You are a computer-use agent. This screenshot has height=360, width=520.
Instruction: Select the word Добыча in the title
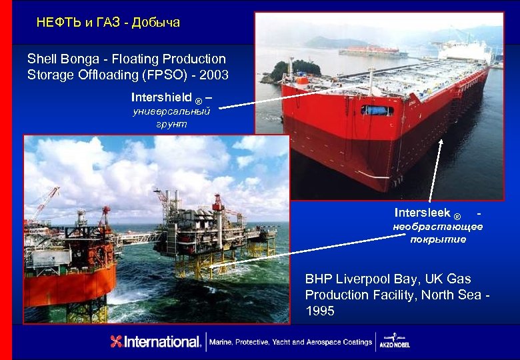pyautogui.click(x=156, y=23)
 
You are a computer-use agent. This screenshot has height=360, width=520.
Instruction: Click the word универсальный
pyautogui.click(x=171, y=111)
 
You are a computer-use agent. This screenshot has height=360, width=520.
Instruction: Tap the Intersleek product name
pyautogui.click(x=422, y=213)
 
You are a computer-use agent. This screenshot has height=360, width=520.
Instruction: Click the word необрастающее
pyautogui.click(x=437, y=227)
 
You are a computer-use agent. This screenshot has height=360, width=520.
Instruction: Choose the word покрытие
pyautogui.click(x=438, y=239)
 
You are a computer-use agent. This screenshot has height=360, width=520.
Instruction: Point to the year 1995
pyautogui.click(x=320, y=311)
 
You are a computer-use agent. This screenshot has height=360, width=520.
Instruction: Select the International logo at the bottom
pyautogui.click(x=156, y=342)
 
